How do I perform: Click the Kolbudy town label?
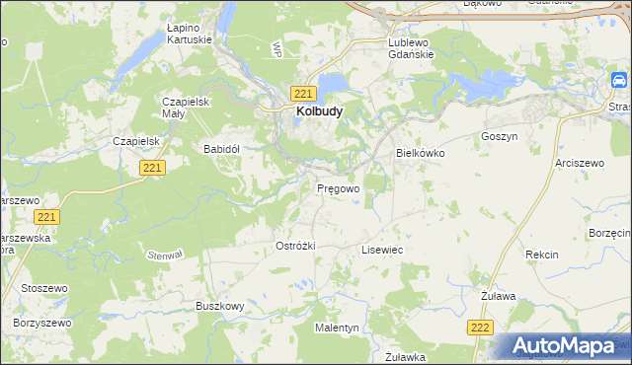coord(318,112)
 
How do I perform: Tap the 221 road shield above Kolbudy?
coord(303,93)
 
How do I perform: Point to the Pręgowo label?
coord(338,186)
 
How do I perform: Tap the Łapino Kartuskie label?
coord(163,34)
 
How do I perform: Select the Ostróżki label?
coord(295,246)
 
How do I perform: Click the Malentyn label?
coord(337,327)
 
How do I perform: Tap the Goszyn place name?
coord(499,136)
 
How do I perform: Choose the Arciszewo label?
coord(579,162)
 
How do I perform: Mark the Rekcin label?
coord(541,255)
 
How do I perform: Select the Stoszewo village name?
coord(43,290)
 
